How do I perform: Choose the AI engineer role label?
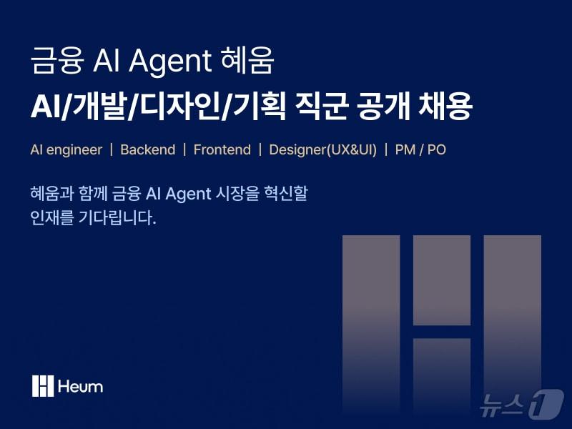(66, 150)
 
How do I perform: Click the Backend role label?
(147, 150)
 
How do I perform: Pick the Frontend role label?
(222, 150)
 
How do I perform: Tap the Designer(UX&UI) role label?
(322, 150)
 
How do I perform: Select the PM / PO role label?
(420, 150)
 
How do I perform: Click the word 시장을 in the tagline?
(237, 193)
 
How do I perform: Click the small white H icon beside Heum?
(43, 386)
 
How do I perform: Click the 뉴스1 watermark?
(521, 405)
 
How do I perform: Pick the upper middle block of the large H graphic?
(441, 280)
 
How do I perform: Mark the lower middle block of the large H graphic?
(441, 379)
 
